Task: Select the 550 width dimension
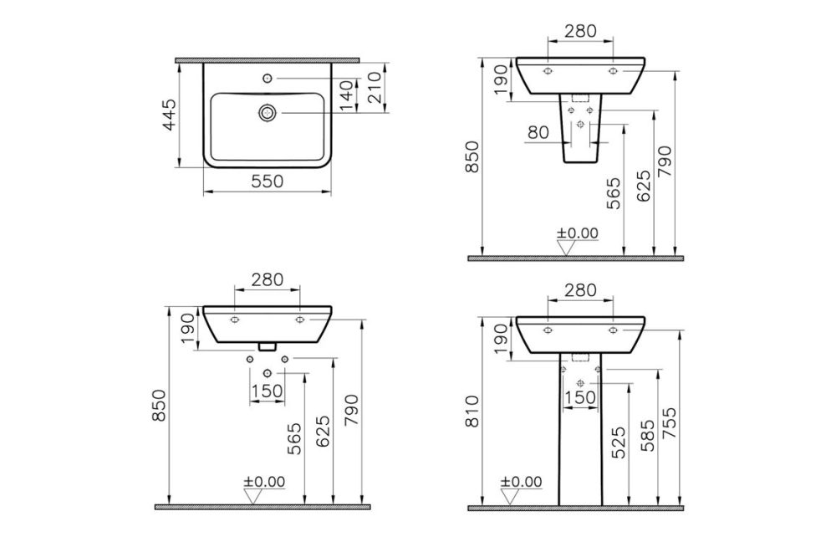click(x=266, y=181)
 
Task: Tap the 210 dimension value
click(x=374, y=86)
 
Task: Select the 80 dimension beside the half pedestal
click(x=539, y=132)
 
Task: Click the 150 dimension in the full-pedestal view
click(x=579, y=397)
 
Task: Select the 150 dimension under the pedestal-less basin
click(x=266, y=391)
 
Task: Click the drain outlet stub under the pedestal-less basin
click(x=266, y=345)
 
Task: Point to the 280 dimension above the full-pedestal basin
click(x=579, y=290)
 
